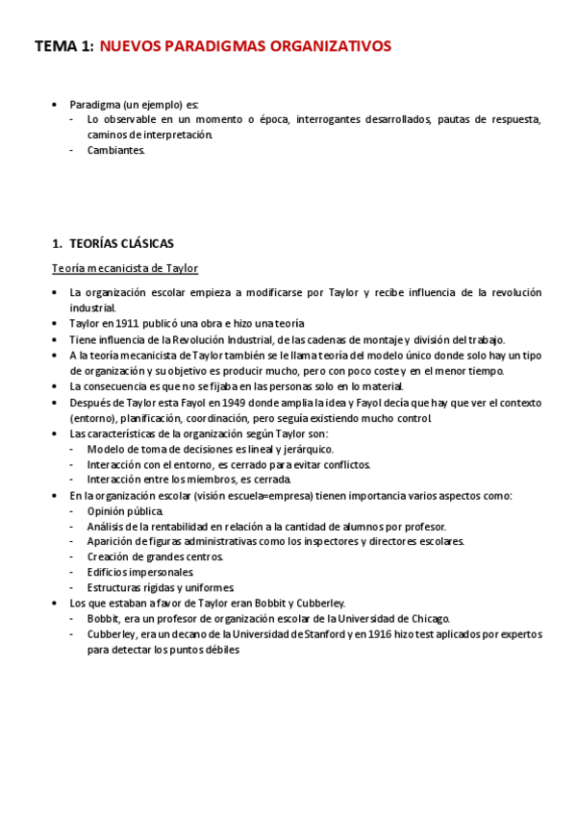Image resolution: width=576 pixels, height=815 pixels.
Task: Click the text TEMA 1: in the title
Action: [x=63, y=45]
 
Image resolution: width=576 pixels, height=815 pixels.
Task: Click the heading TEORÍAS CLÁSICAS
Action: [x=121, y=243]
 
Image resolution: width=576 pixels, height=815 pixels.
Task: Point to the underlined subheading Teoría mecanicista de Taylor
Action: [x=125, y=267]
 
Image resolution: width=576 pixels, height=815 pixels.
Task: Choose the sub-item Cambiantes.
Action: [x=115, y=150]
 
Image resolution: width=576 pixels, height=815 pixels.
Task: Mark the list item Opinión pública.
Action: [x=125, y=510]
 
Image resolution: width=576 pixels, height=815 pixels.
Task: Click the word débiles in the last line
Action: [x=216, y=650]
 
